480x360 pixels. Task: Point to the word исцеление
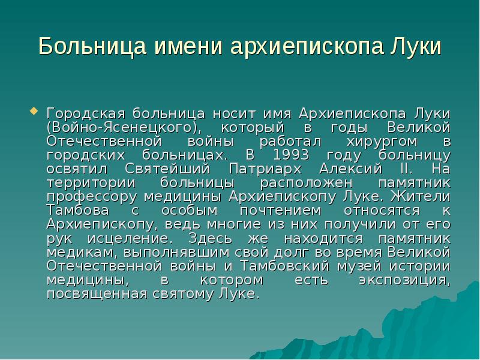(x=119, y=238)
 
